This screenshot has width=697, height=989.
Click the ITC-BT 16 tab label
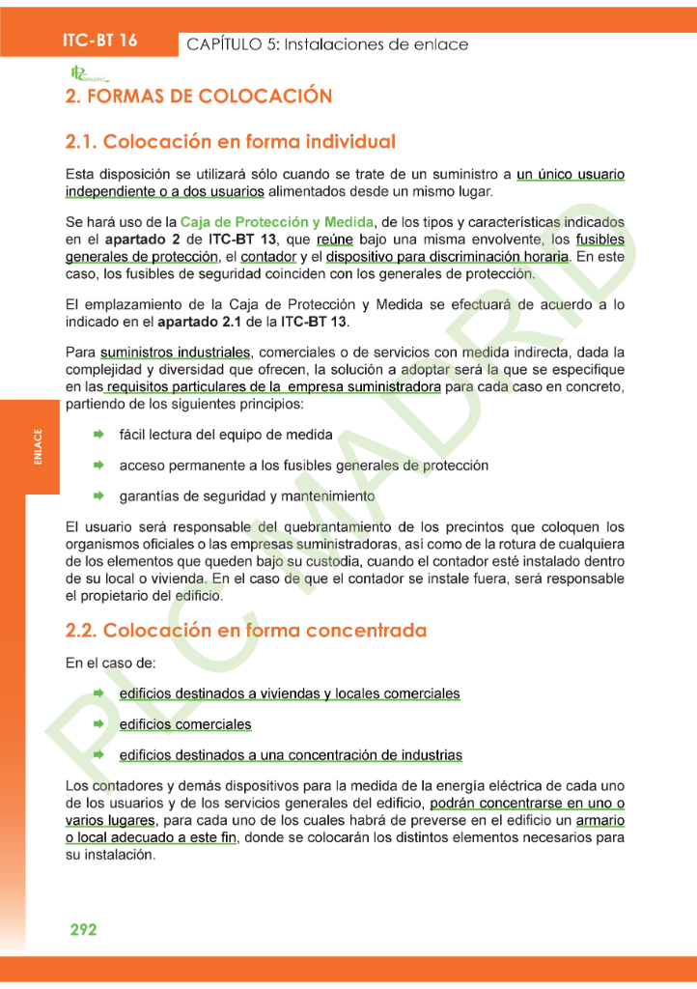click(x=99, y=41)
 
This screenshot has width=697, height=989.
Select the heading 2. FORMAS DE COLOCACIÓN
click(x=199, y=97)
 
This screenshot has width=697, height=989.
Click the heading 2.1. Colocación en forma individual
click(x=230, y=141)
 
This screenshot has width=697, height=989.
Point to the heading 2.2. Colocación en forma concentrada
click(x=245, y=631)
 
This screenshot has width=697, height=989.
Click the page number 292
click(x=83, y=929)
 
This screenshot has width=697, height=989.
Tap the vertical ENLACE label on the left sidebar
click(x=37, y=447)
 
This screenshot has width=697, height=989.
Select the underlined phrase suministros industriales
click(x=175, y=353)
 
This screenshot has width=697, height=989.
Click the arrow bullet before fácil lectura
click(x=98, y=436)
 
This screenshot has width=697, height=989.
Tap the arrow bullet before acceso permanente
click(x=98, y=466)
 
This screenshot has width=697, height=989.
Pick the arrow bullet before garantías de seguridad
click(x=98, y=495)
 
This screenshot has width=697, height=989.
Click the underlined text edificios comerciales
click(x=184, y=724)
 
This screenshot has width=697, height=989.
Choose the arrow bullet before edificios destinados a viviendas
click(x=98, y=693)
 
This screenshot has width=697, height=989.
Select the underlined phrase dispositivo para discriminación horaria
click(x=447, y=256)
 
